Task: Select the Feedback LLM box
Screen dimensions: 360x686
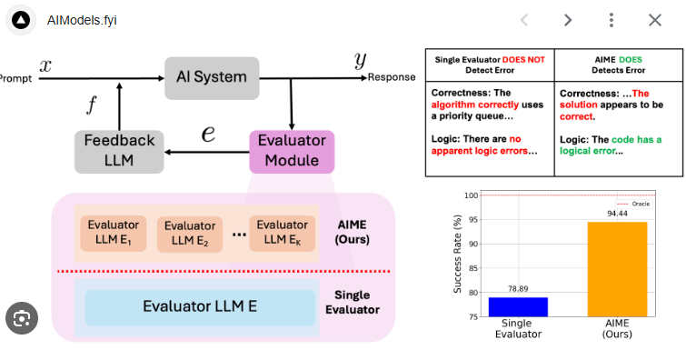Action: coord(119,151)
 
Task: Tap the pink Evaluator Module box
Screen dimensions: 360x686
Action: coord(292,151)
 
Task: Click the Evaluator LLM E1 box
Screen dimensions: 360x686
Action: coord(114,234)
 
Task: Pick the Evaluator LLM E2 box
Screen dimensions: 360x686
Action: coord(190,234)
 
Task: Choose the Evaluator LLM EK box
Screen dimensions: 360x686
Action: coord(282,234)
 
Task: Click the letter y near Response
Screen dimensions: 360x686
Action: coord(361,60)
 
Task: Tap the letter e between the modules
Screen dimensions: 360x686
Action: coord(208,134)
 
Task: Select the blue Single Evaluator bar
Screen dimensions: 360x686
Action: coord(517,306)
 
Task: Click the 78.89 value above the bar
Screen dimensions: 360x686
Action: coord(517,289)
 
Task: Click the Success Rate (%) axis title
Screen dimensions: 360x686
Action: coord(458,255)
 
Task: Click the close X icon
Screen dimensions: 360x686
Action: coord(654,20)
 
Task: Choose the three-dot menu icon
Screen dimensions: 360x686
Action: coord(611,20)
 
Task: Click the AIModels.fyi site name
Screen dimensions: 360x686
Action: coord(82,20)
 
